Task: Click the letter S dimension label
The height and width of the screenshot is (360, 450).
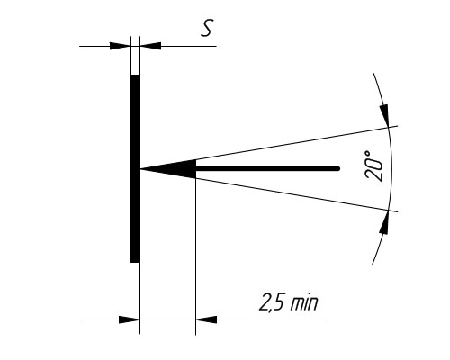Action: pyautogui.click(x=207, y=28)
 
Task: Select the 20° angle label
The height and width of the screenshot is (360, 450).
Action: pyautogui.click(x=373, y=166)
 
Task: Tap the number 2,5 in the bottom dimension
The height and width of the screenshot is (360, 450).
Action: pyautogui.click(x=271, y=301)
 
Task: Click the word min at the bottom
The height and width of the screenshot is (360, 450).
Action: pyautogui.click(x=304, y=303)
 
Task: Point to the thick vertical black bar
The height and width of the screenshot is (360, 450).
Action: pyautogui.click(x=135, y=168)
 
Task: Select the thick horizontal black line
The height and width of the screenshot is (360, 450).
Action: pyautogui.click(x=267, y=169)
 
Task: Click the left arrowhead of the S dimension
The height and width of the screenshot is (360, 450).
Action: pyautogui.click(x=121, y=46)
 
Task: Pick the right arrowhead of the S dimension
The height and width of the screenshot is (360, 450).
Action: pyautogui.click(x=150, y=46)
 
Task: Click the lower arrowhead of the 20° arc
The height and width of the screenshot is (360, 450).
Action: pyautogui.click(x=384, y=222)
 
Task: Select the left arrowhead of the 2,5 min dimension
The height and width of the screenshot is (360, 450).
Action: pyautogui.click(x=130, y=319)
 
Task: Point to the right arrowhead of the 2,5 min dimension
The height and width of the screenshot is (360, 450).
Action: pyautogui.click(x=206, y=319)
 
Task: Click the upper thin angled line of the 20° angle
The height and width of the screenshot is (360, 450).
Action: pyautogui.click(x=269, y=148)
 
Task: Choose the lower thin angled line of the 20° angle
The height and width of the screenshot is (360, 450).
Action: pyautogui.click(x=269, y=191)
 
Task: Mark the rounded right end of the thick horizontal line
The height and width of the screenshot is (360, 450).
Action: pyautogui.click(x=337, y=169)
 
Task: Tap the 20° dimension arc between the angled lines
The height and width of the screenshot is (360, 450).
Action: pyautogui.click(x=391, y=168)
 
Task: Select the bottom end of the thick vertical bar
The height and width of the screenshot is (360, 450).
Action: pyautogui.click(x=135, y=263)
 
